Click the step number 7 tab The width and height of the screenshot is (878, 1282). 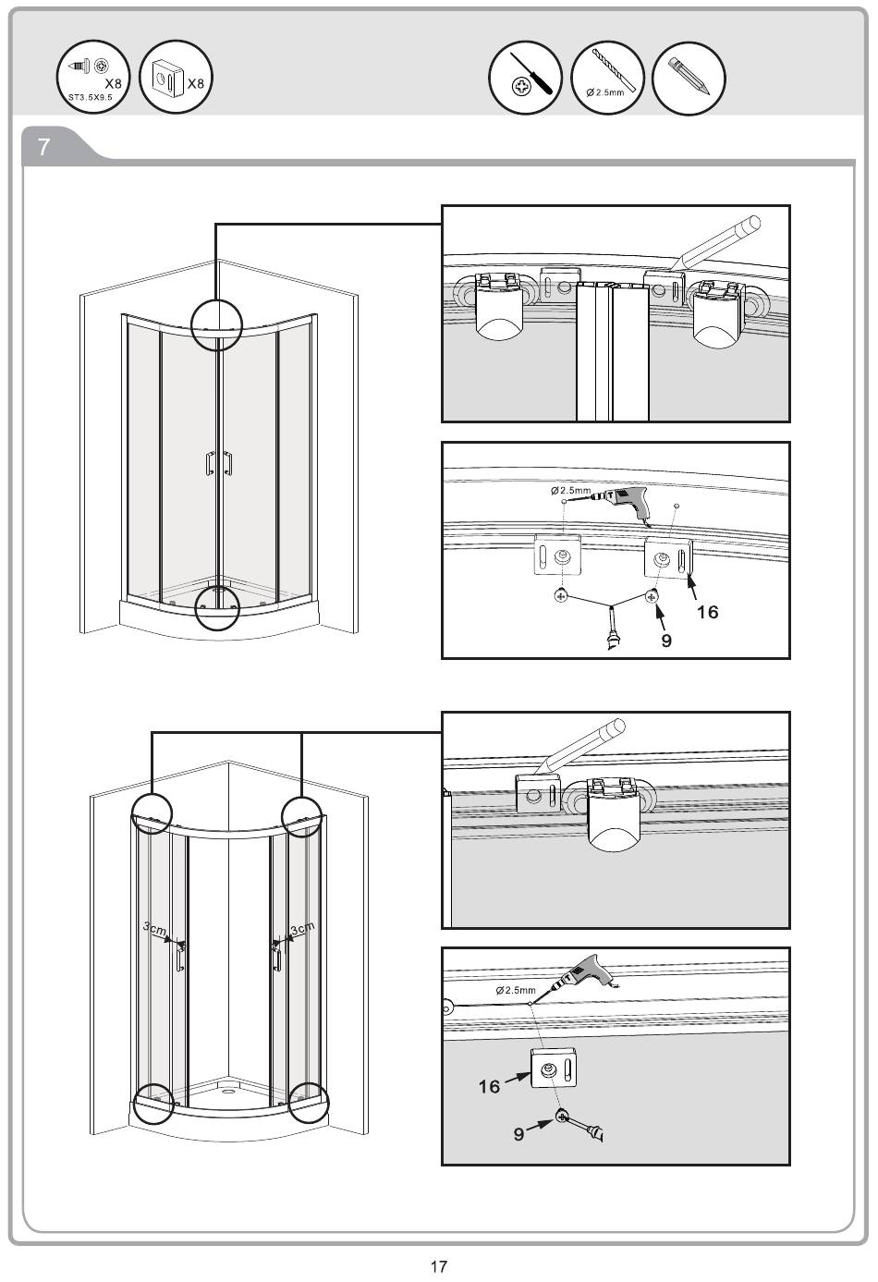pyautogui.click(x=43, y=147)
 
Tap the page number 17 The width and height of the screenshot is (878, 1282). pyautogui.click(x=438, y=1266)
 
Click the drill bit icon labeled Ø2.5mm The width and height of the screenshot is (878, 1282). pyautogui.click(x=606, y=78)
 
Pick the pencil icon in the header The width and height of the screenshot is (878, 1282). pyautogui.click(x=689, y=78)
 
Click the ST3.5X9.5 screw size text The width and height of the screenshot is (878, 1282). pyautogui.click(x=91, y=97)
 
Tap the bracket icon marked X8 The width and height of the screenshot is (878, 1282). pyautogui.click(x=176, y=78)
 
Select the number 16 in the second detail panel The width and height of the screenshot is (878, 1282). pyautogui.click(x=707, y=612)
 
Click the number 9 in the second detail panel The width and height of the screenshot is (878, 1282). pyautogui.click(x=666, y=640)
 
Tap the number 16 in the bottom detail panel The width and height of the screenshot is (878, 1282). pyautogui.click(x=489, y=1086)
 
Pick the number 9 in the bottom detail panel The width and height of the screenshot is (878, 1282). pyautogui.click(x=518, y=1134)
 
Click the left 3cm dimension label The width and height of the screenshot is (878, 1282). pyautogui.click(x=154, y=928)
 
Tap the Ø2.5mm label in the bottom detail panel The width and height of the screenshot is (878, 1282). pyautogui.click(x=516, y=990)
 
